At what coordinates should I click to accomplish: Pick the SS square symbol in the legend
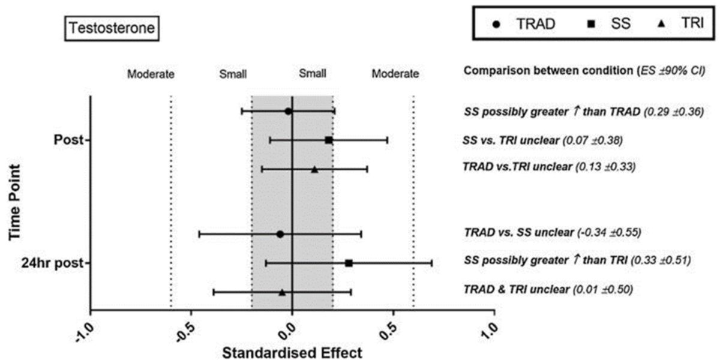[590, 24]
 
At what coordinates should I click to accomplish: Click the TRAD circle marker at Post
[288, 111]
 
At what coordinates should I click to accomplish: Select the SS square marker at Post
[329, 140]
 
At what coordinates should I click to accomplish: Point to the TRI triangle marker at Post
[314, 169]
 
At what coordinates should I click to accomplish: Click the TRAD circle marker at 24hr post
[280, 234]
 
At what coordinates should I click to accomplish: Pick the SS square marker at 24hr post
[349, 263]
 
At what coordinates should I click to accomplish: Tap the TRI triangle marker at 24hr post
[282, 292]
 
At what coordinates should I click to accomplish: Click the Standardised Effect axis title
[292, 352]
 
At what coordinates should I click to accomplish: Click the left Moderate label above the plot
[150, 74]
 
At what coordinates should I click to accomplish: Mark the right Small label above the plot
[313, 74]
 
